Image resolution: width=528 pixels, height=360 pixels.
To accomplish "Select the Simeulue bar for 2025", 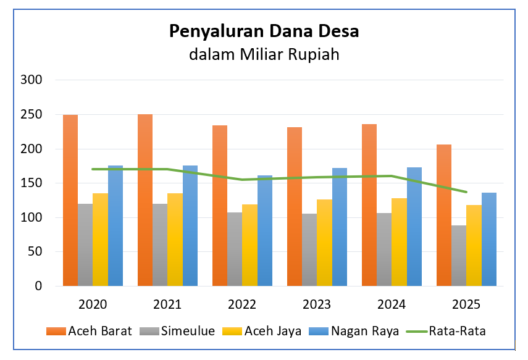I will point(459,256).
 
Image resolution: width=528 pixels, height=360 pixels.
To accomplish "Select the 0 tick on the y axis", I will point(38,286).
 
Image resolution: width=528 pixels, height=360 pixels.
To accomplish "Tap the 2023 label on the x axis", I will point(317,304).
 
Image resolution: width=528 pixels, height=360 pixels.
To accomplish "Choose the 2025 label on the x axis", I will point(466,304).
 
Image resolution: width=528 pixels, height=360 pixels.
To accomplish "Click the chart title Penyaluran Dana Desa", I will point(264,31).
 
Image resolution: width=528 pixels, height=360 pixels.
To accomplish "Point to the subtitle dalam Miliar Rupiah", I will point(264,54).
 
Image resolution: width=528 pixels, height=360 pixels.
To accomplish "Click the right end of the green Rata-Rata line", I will point(466,192).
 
